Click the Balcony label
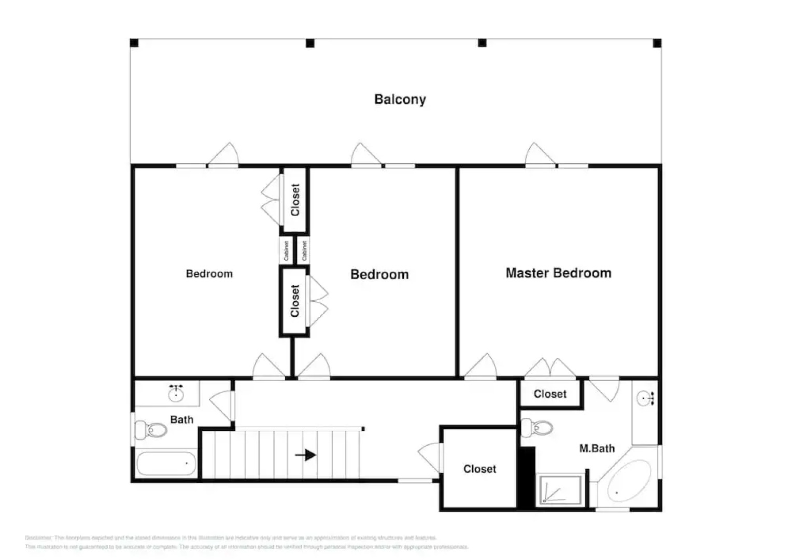pyautogui.click(x=400, y=99)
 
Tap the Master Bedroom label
pyautogui.click(x=558, y=273)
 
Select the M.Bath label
pyautogui.click(x=597, y=449)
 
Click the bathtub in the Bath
pyautogui.click(x=166, y=463)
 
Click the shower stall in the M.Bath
pyautogui.click(x=560, y=489)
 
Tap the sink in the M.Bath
pyautogui.click(x=645, y=399)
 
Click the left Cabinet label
pyautogui.click(x=286, y=250)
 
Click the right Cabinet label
pyautogui.click(x=304, y=250)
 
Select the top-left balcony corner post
pyautogui.click(x=134, y=43)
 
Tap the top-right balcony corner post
pyautogui.click(x=657, y=43)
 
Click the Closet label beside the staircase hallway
pyautogui.click(x=479, y=469)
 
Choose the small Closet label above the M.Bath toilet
pyautogui.click(x=550, y=394)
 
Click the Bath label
pyautogui.click(x=181, y=419)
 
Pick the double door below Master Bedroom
pyautogui.click(x=550, y=369)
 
